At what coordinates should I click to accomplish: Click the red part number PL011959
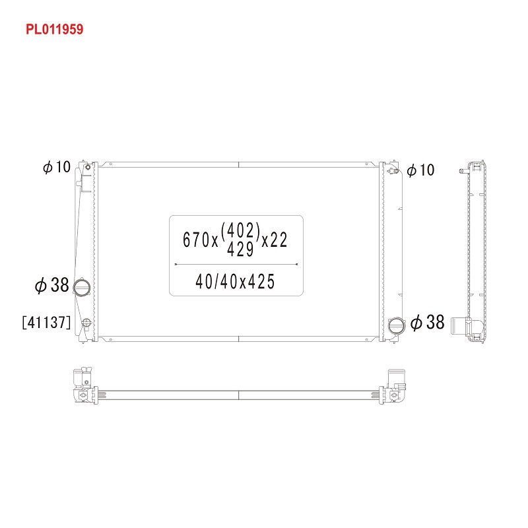pyautogui.click(x=55, y=29)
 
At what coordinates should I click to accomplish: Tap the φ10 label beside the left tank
pyautogui.click(x=57, y=167)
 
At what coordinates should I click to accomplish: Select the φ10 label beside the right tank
pyautogui.click(x=420, y=170)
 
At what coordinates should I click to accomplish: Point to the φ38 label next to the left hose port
pyautogui.click(x=52, y=285)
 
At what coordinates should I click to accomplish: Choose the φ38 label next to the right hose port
pyautogui.click(x=428, y=322)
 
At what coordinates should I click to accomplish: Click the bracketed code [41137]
pyautogui.click(x=46, y=322)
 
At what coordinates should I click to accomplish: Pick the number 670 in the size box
pyautogui.click(x=196, y=240)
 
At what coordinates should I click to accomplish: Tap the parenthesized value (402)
pyautogui.click(x=240, y=230)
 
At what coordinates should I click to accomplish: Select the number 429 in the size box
pyautogui.click(x=240, y=249)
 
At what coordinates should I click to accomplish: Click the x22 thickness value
pyautogui.click(x=275, y=240)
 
